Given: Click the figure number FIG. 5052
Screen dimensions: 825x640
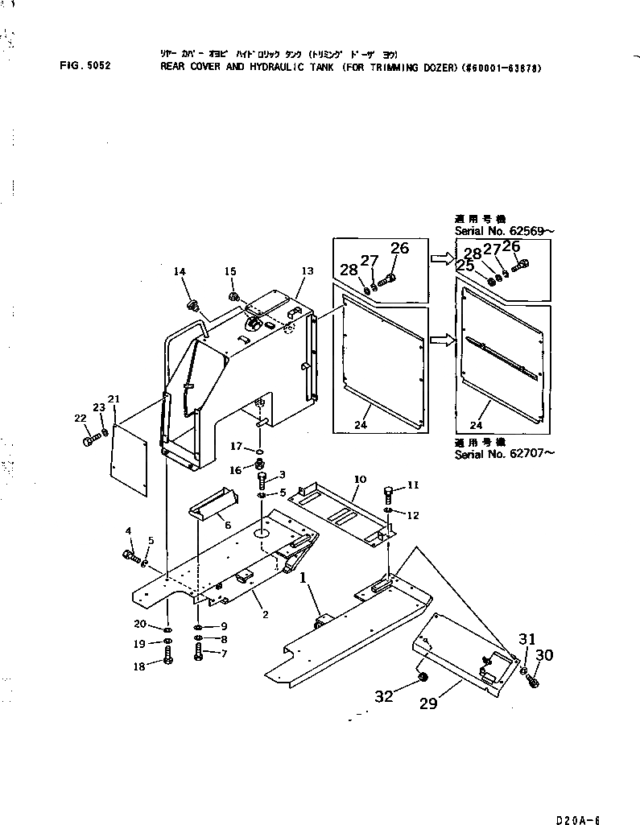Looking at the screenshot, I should [85, 67].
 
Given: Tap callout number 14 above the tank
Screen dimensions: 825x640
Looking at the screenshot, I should [180, 273].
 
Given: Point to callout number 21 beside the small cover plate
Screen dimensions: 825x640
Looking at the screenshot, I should [114, 399].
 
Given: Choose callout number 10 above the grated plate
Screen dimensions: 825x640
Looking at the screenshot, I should [360, 479].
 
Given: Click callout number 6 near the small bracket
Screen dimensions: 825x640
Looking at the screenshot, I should [228, 525].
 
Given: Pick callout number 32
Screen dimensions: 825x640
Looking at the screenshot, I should [384, 695].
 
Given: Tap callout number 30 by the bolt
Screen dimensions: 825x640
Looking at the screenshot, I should [545, 656].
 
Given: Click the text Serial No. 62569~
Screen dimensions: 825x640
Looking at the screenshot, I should [504, 231].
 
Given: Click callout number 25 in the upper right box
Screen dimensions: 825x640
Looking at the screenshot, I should [465, 265].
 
